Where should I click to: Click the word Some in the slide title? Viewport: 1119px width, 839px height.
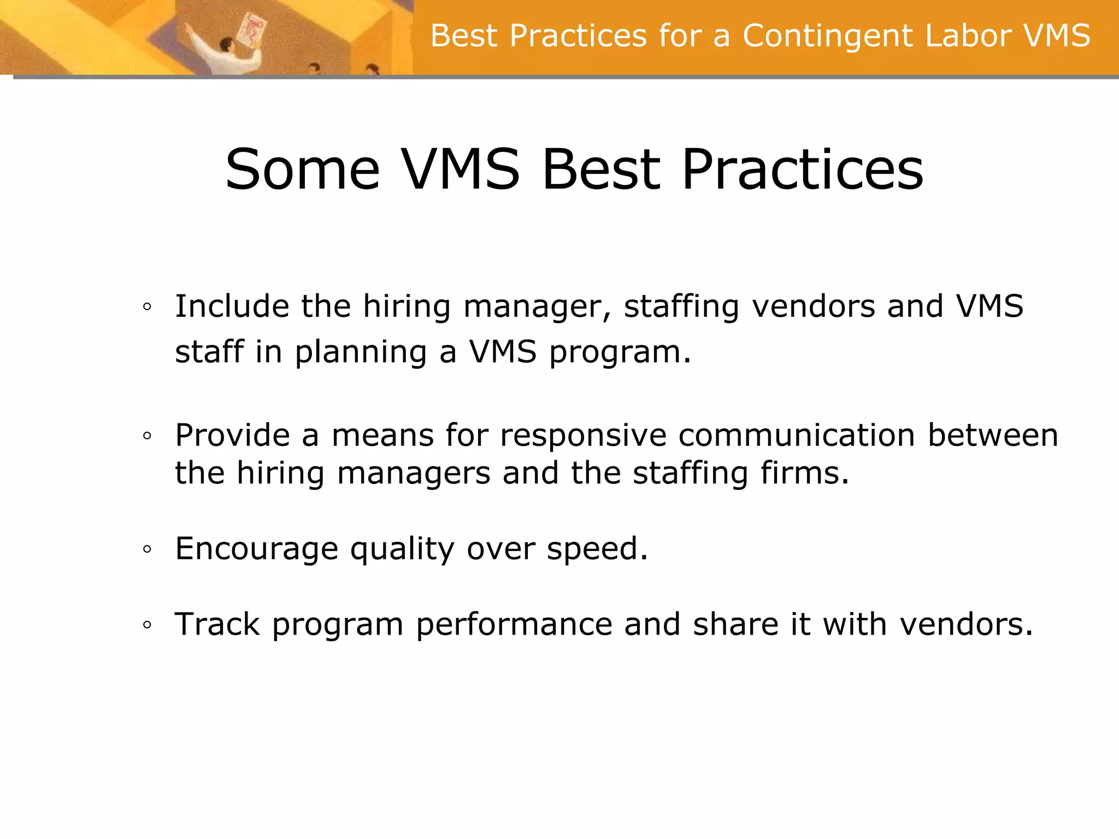pos(302,170)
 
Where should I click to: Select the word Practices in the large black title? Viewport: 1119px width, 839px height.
pos(803,170)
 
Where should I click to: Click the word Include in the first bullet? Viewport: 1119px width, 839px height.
pos(232,306)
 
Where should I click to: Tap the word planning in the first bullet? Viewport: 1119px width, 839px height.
pos(361,352)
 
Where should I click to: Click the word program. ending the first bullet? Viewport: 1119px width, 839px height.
pos(620,352)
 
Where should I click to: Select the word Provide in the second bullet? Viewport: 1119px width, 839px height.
pos(232,436)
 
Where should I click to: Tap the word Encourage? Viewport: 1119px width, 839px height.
pos(257,549)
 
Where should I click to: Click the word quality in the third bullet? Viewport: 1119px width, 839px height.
pos(402,549)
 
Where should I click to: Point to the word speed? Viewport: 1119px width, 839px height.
pos(597,549)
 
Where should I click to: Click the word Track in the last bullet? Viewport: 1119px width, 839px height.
pos(217,624)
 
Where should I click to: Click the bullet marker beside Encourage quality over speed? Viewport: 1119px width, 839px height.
pos(147,550)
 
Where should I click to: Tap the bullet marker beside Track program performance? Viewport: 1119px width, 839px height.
pos(147,625)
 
